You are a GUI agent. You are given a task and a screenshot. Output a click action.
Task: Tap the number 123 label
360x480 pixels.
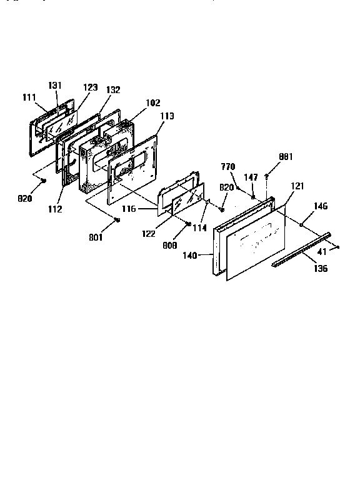coord(91,87)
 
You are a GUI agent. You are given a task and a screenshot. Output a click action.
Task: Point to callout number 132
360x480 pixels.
coord(113,90)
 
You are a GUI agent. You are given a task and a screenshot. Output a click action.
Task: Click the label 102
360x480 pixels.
coord(152,103)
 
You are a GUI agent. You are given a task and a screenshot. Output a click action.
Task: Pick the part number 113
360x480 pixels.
coord(167,116)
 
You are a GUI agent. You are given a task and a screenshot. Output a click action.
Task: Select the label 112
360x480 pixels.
coord(54,209)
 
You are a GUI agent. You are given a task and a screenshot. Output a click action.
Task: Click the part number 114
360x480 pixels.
coord(199,228)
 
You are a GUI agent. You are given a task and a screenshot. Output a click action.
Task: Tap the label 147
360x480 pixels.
coord(251,178)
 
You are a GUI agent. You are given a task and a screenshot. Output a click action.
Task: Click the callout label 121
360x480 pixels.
coord(297,187)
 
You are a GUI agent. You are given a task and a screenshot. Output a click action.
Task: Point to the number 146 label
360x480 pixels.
coord(321,206)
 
